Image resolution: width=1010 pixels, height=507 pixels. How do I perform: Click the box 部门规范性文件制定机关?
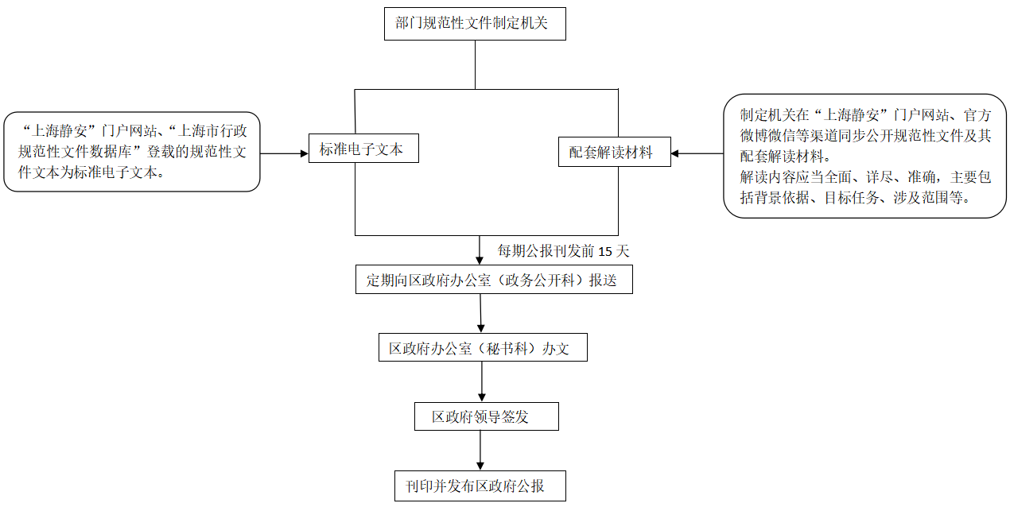[x=475, y=23]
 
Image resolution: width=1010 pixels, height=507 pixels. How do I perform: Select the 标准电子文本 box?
[x=363, y=149]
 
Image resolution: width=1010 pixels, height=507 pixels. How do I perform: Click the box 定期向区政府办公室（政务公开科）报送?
[x=493, y=281]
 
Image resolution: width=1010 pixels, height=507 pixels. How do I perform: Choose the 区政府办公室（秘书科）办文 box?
[x=482, y=348]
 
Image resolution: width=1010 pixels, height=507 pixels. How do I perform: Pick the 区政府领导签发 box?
[x=486, y=416]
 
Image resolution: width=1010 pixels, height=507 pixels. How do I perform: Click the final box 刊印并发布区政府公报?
[x=480, y=486]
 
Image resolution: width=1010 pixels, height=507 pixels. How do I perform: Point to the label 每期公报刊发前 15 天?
[x=563, y=251]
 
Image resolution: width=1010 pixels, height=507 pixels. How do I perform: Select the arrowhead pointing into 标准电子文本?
[x=303, y=153]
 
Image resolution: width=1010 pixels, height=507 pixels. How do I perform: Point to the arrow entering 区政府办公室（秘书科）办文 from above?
[x=480, y=315]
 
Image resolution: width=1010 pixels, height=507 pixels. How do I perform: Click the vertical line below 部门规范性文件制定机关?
[x=475, y=64]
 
